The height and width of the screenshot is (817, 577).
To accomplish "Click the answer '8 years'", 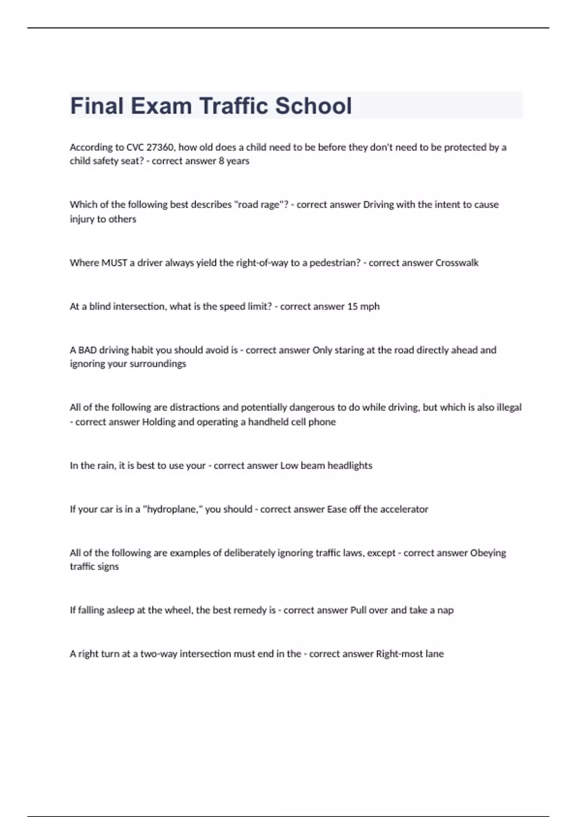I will (234, 161).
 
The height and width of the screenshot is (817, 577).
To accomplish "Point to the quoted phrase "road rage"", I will (259, 205).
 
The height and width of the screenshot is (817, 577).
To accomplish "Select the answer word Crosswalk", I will (457, 263).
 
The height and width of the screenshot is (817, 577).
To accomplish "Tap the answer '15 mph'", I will (363, 307).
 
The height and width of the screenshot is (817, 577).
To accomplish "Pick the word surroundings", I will (158, 364).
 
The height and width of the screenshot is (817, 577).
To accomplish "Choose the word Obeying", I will (488, 553).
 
